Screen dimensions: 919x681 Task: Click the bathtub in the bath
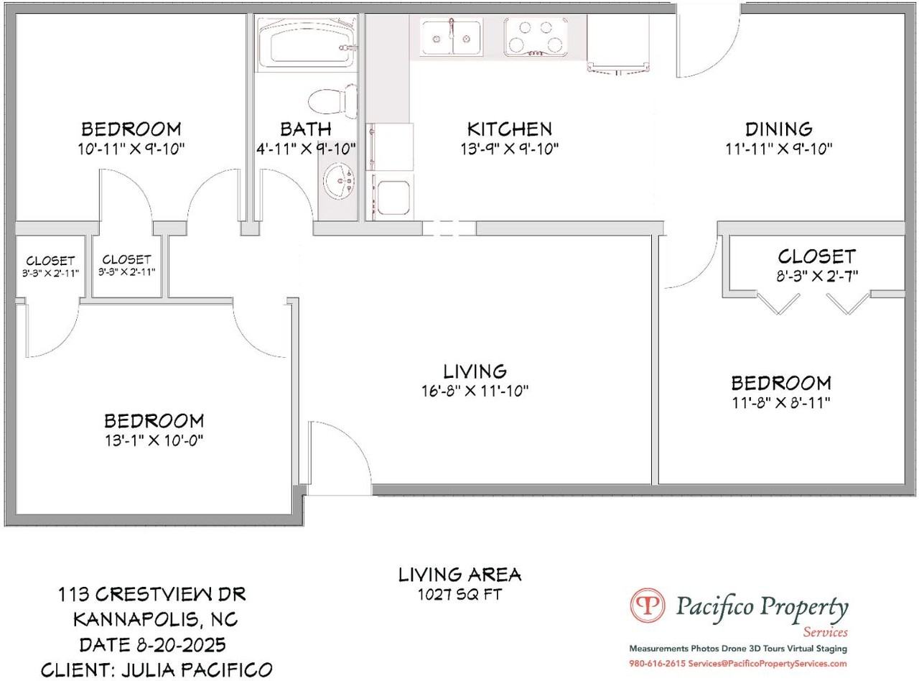[x=307, y=42]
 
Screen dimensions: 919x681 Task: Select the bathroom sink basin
[x=339, y=181]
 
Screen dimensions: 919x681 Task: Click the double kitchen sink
[x=451, y=37]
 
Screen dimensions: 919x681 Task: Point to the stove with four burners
[x=536, y=37]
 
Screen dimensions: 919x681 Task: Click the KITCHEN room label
[x=509, y=129]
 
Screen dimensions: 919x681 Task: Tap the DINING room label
[x=778, y=129]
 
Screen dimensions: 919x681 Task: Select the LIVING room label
[x=475, y=371]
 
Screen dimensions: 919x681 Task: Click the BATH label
[x=306, y=129]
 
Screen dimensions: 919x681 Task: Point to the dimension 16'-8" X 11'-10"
[x=475, y=391]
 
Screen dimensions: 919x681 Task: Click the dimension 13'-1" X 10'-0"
[x=154, y=440]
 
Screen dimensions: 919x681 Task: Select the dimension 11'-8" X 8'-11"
[x=781, y=402]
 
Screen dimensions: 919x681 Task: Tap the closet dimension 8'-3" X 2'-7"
[x=816, y=276]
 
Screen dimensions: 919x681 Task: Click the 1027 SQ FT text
[x=459, y=595]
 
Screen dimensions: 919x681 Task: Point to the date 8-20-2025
[x=181, y=645]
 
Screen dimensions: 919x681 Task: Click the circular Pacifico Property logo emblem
[x=648, y=606]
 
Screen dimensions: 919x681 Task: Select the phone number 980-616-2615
[x=658, y=664]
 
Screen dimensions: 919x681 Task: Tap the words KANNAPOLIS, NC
[x=156, y=620]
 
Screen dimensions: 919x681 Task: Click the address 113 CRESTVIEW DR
[x=151, y=594]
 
